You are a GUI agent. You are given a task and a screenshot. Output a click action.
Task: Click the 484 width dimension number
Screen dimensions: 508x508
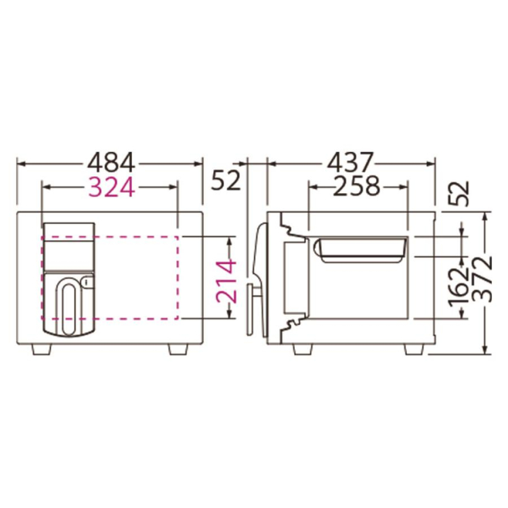coord(111,163)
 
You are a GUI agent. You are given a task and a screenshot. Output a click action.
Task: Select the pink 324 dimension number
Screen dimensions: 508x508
coord(111,187)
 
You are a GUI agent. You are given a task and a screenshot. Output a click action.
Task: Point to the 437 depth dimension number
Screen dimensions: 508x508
coord(351,163)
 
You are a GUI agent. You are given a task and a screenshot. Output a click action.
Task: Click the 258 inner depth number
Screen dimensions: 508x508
coord(356,186)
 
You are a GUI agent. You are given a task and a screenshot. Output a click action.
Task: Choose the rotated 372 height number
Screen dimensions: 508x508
coord(482,279)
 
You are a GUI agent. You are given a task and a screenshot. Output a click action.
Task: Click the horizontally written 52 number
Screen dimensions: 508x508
coord(226,180)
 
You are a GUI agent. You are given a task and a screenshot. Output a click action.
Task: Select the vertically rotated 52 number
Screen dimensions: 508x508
coord(459,194)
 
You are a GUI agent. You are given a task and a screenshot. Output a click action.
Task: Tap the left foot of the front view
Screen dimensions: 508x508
coord(42,350)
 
